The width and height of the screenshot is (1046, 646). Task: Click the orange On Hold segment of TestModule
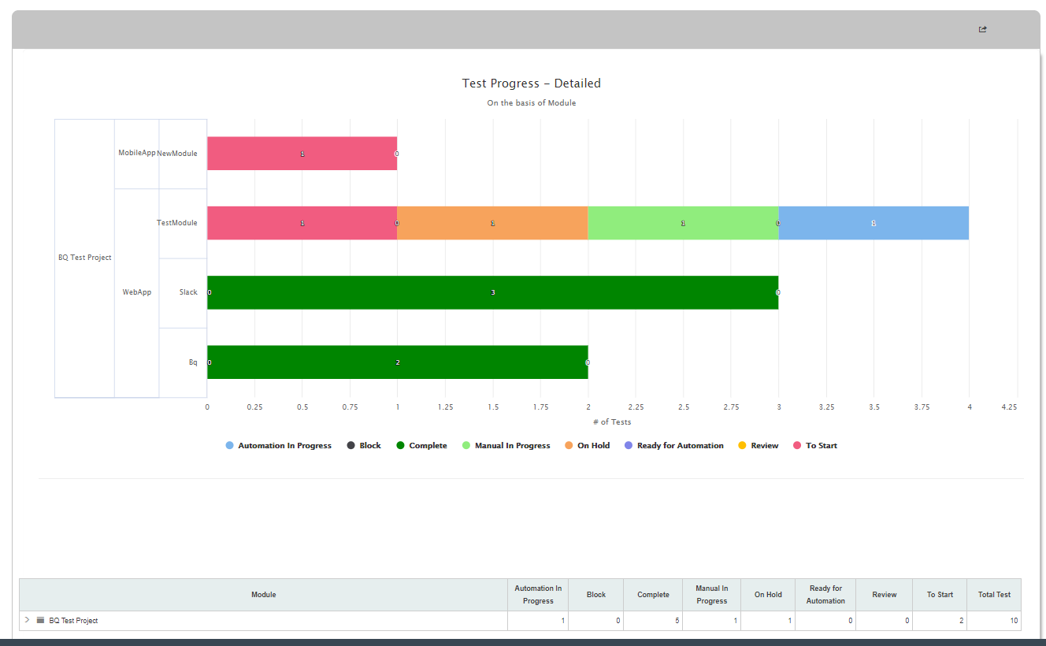point(492,223)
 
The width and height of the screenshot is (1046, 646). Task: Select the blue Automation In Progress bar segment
point(874,223)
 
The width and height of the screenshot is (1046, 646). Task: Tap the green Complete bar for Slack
point(492,292)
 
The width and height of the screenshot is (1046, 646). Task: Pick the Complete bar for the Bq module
point(398,362)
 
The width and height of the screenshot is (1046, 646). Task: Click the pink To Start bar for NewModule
point(302,153)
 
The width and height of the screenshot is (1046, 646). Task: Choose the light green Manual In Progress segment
point(683,223)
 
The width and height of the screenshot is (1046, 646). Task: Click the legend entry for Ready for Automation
point(673,446)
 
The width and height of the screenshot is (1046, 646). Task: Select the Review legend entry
point(758,446)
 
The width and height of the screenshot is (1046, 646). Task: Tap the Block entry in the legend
point(364,446)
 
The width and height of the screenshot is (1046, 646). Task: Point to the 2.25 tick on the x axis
point(636,407)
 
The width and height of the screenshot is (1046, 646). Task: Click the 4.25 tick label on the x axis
point(1009,407)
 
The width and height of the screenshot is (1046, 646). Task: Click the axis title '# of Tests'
point(612,421)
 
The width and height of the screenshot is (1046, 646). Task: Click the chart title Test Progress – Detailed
point(531,84)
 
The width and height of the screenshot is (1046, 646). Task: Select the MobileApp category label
point(137,153)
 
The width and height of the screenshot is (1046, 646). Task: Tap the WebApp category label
point(137,292)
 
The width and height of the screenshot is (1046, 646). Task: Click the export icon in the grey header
point(982,29)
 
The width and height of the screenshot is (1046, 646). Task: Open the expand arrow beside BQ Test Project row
point(27,620)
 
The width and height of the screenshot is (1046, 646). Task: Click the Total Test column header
point(994,595)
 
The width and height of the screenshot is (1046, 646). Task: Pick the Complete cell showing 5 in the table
point(677,621)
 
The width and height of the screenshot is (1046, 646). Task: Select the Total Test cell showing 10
point(1014,621)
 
